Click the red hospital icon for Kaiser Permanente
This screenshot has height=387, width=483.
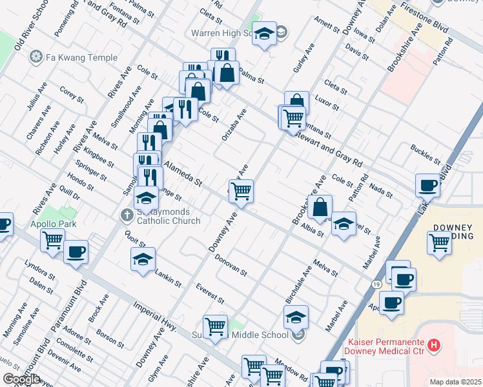click(x=435, y=346)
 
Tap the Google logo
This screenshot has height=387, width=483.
click(x=21, y=379)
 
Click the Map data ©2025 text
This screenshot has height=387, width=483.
click(x=456, y=382)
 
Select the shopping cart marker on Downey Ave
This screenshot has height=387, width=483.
click(x=241, y=191)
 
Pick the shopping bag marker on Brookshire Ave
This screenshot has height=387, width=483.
click(x=320, y=208)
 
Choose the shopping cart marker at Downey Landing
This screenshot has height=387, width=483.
click(x=439, y=243)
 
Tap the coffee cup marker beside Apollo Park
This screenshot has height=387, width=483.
click(x=76, y=252)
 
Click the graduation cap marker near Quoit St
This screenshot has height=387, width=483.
click(x=143, y=260)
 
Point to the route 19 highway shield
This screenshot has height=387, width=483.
click(x=376, y=284)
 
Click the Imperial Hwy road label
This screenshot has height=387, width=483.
click(x=155, y=316)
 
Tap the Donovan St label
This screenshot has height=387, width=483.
click(x=231, y=264)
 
